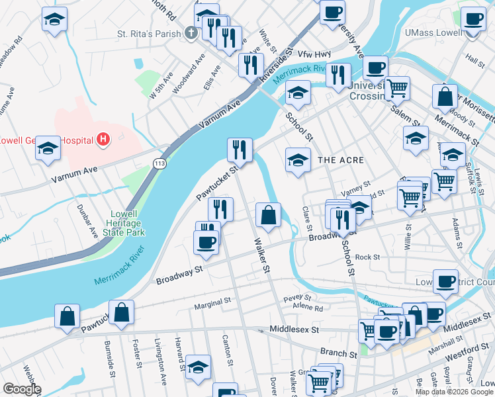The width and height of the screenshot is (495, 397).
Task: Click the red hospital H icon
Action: tap(103, 140)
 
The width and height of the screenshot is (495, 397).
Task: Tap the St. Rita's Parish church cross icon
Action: tap(191, 32)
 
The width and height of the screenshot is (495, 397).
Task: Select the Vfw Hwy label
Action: tap(314, 54)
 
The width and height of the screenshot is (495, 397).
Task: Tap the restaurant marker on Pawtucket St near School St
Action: tap(239, 150)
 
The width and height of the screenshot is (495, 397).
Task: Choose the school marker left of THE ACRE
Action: tap(298, 160)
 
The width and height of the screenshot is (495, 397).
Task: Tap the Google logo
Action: tap(22, 389)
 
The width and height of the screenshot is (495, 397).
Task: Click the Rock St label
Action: tap(367, 257)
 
